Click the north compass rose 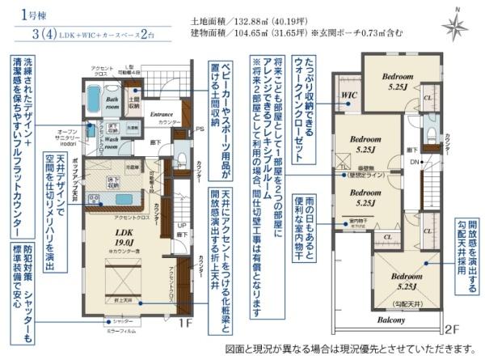(455, 27)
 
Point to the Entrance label (162, 115)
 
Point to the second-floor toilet (432, 130)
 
